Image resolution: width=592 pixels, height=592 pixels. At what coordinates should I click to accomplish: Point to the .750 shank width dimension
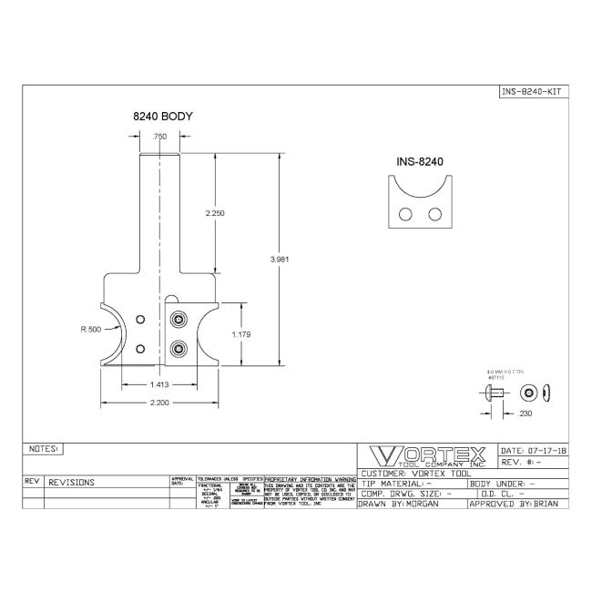click(x=160, y=137)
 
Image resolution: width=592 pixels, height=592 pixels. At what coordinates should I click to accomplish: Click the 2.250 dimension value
click(x=215, y=212)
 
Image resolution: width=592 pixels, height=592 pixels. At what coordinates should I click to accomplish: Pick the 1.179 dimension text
click(x=241, y=335)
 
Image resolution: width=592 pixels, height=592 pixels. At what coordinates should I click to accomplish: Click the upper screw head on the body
click(x=179, y=320)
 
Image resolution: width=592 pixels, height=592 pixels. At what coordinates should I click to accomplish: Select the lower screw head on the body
click(x=179, y=348)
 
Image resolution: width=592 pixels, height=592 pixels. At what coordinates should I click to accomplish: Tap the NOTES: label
click(x=44, y=449)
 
